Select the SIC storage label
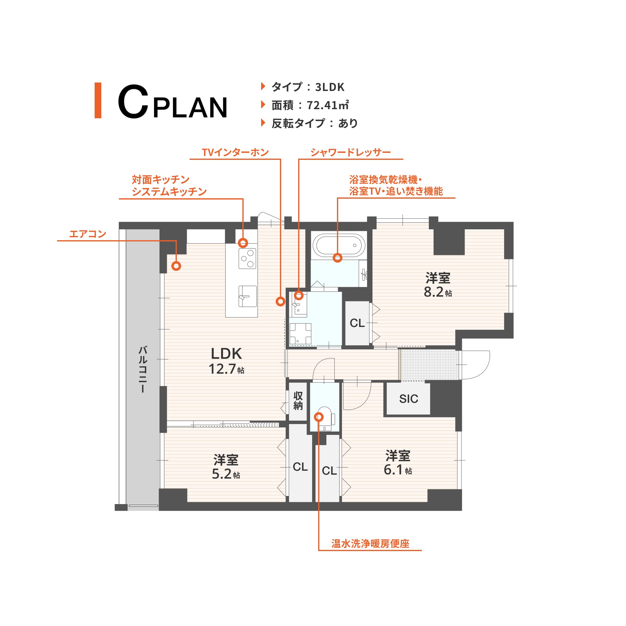pos(409,399)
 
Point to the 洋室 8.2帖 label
pos(438,285)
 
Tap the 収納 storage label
pos(298,401)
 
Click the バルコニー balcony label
pos(143,369)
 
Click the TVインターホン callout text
pos(235,152)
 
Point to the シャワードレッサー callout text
pos(351,152)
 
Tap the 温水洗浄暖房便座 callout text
pos(370,544)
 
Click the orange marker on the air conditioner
pos(176,266)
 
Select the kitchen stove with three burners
pos(247,259)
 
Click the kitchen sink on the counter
pos(247,296)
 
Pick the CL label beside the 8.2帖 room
pos(357,323)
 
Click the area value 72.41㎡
pos(328,105)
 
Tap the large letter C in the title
pos(133,101)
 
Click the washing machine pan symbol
pos(300,334)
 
